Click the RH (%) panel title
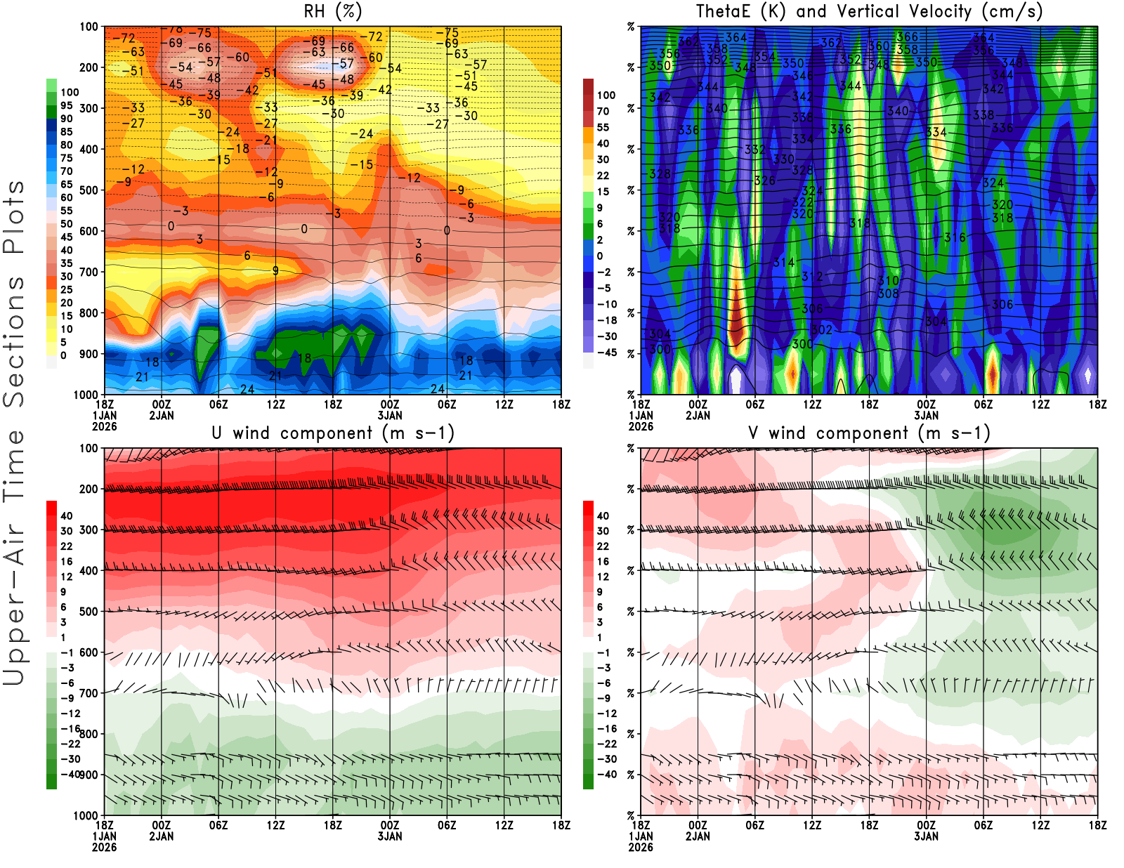click(332, 11)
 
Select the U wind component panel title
click(332, 433)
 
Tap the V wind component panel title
click(869, 433)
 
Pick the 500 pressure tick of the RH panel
click(89, 190)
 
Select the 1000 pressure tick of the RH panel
click(86, 395)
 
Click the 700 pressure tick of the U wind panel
click(89, 693)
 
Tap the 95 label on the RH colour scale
click(66, 105)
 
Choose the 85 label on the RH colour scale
click(66, 132)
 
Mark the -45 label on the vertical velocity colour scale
click(606, 353)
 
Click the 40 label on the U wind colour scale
click(66, 516)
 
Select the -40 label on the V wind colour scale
click(606, 775)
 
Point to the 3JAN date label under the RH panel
click(390, 416)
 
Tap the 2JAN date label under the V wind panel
click(698, 836)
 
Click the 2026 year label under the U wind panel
click(104, 847)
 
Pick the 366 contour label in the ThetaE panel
click(907, 37)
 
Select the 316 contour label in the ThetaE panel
click(955, 237)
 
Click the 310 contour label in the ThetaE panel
click(888, 281)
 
